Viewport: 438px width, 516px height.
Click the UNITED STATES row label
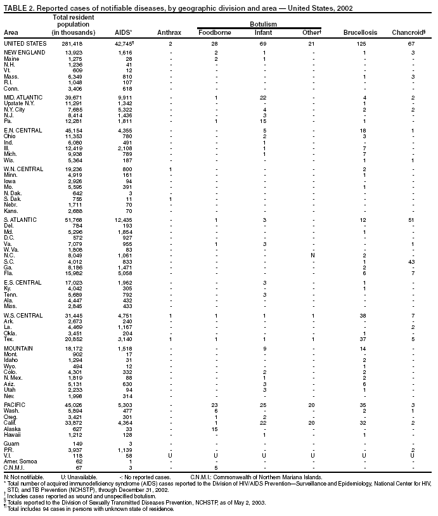click(x=25, y=42)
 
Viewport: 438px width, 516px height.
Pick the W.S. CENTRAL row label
click(x=23, y=315)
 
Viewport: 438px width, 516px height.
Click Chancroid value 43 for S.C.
click(x=411, y=262)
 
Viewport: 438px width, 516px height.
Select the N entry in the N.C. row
click(x=312, y=255)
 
